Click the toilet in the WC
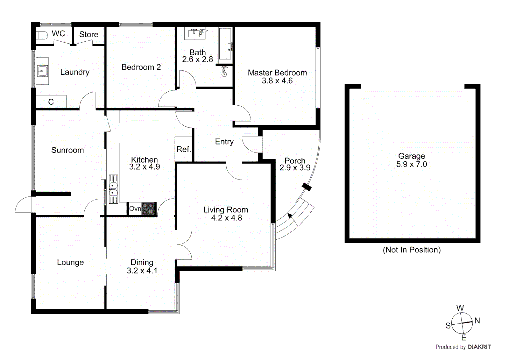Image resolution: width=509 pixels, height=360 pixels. tap(42, 35)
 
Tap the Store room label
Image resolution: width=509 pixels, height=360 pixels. tap(89, 34)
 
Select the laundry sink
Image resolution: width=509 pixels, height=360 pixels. tap(42, 71)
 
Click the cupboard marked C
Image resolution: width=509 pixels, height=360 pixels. tap(51, 102)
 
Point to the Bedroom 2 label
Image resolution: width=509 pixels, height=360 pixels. tap(141, 67)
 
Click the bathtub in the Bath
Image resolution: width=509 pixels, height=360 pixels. tap(225, 44)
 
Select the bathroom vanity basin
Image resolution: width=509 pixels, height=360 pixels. tap(195, 33)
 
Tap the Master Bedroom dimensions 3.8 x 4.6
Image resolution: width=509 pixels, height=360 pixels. tap(277, 81)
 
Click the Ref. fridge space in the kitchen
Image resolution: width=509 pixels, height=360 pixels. tap(184, 149)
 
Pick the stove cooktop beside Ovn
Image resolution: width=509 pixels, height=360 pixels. tap(149, 209)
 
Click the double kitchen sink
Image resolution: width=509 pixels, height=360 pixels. tap(113, 189)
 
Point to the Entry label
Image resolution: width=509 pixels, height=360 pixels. tap(224, 142)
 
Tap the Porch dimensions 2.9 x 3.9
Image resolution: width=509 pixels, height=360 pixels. tap(295, 168)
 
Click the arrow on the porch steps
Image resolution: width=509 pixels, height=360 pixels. tap(290, 216)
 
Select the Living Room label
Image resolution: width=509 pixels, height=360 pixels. tap(226, 210)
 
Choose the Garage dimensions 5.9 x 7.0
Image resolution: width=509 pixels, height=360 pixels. tap(411, 164)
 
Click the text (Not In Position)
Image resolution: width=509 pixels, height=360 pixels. tap(412, 250)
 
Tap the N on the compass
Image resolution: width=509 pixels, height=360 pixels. tap(477, 321)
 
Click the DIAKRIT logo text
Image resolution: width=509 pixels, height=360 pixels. tap(479, 347)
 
